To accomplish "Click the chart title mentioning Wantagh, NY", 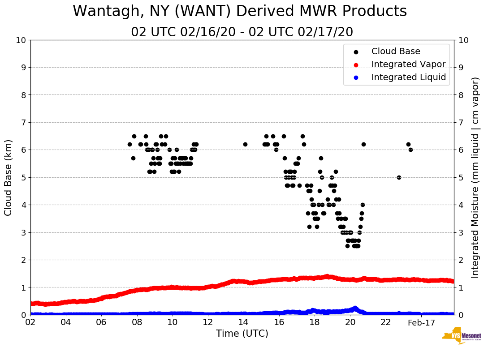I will [x=240, y=11].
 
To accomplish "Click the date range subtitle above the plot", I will [x=242, y=32].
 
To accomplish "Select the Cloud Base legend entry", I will [x=396, y=51].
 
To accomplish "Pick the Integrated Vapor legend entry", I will [x=408, y=64].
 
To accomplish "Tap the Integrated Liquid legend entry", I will [x=409, y=77].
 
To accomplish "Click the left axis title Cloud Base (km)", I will [x=9, y=177].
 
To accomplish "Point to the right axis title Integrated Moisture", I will [x=475, y=177].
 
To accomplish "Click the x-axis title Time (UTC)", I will [x=242, y=334].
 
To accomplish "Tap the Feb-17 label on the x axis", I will [x=421, y=323].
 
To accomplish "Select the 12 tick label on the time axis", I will [x=208, y=323].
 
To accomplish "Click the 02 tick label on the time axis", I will [x=30, y=323].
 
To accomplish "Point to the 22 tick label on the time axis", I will [x=385, y=323].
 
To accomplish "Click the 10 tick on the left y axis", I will [x=21, y=40].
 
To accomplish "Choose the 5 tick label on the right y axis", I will [x=461, y=178].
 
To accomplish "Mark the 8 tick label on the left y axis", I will [x=23, y=95].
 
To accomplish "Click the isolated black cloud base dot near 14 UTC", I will [x=245, y=144].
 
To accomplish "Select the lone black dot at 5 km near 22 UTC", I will [x=399, y=177].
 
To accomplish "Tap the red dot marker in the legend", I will [x=356, y=64].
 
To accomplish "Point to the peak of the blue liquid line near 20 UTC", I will [x=355, y=308].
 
